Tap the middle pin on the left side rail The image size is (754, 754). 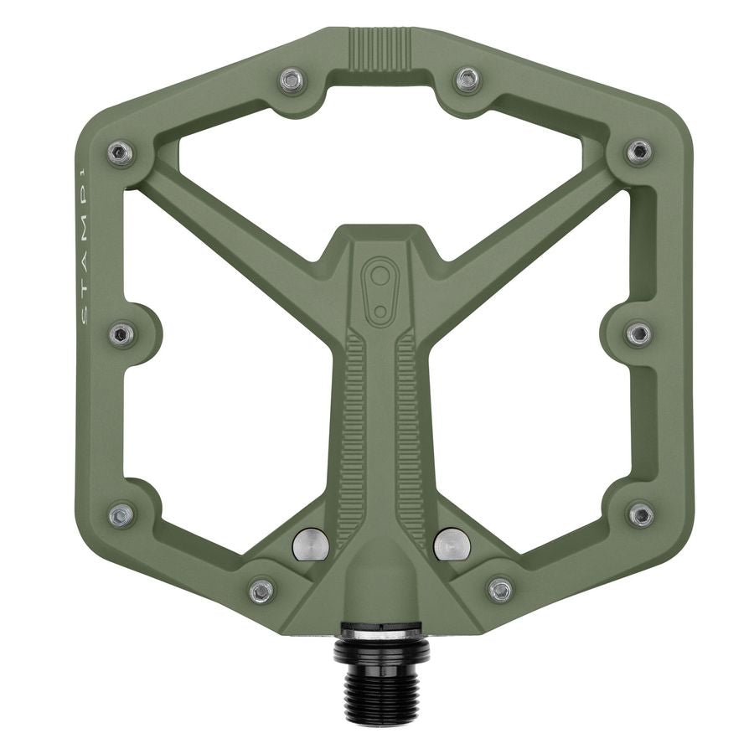(x=121, y=335)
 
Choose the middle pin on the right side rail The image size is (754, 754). (x=639, y=333)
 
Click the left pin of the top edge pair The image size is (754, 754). (x=291, y=80)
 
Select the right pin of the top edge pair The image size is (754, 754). (x=467, y=80)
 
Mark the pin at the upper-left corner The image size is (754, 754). (x=120, y=152)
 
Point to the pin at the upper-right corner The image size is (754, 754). (x=638, y=152)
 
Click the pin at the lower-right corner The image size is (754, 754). (x=640, y=514)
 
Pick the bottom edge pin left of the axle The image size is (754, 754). (x=261, y=591)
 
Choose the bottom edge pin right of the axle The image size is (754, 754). (x=500, y=590)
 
